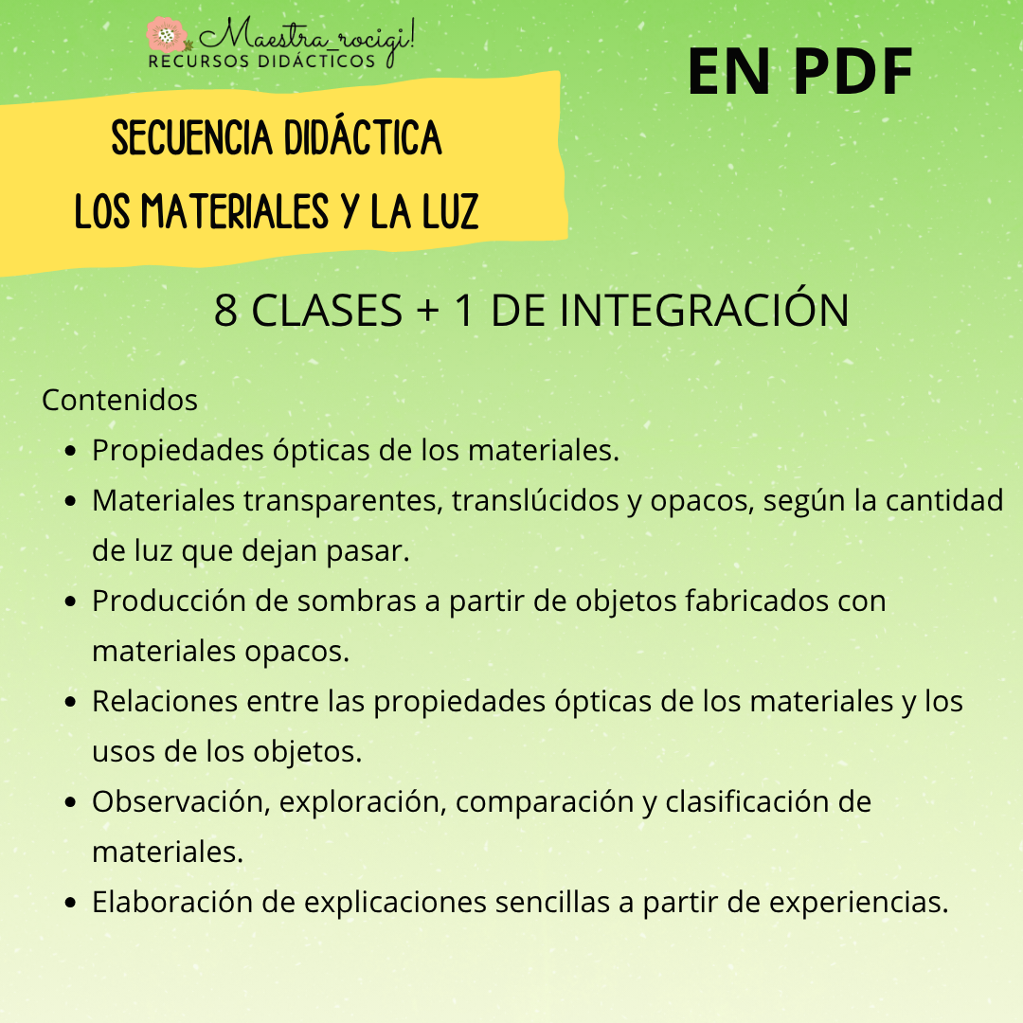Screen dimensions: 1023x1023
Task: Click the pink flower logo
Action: pos(167,35)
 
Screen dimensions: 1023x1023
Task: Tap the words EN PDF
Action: pos(799,72)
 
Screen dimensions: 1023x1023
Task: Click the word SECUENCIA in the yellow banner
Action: pos(191,137)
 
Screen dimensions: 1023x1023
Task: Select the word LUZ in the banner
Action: pos(450,211)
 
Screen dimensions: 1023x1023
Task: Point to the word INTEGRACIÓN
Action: pos(704,310)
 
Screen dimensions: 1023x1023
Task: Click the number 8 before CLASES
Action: pos(225,311)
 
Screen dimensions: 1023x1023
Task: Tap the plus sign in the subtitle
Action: pos(427,311)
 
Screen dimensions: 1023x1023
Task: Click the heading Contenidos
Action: pos(119,400)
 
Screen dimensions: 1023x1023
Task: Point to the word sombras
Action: pos(356,601)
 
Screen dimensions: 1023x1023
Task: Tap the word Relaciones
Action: pos(165,701)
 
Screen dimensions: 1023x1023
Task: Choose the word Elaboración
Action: pos(173,903)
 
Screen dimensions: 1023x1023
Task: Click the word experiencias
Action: pos(858,903)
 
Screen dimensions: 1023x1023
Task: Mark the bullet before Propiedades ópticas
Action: pos(71,451)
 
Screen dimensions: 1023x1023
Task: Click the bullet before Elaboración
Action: pos(71,903)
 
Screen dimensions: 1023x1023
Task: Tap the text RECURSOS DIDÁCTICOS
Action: pos(261,61)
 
